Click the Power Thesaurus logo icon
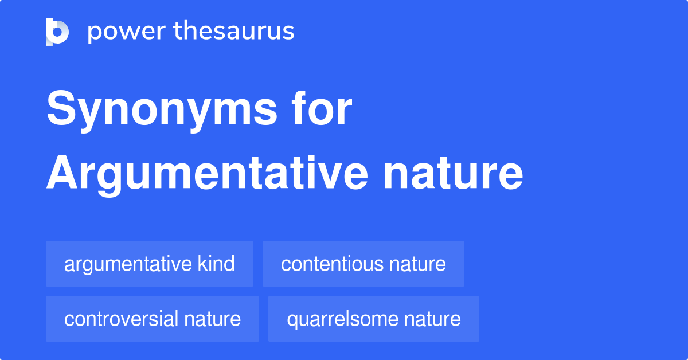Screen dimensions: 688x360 pos(57,32)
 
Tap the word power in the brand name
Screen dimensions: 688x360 pos(127,32)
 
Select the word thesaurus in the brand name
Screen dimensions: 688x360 pos(234,30)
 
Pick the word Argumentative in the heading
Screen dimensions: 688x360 pos(207,174)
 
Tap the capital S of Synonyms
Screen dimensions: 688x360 pos(61,108)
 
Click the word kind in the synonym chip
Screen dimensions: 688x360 pos(216,263)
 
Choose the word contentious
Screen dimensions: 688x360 pos(333,264)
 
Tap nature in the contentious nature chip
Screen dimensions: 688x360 pos(418,265)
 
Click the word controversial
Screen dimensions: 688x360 pos(122,319)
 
